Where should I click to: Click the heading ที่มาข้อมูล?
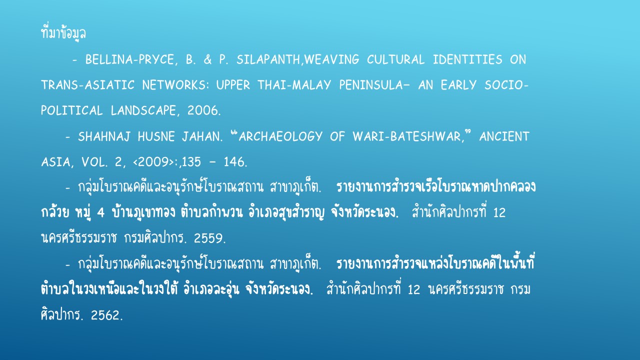63,33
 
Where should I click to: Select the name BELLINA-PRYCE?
129,59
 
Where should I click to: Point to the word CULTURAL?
395,59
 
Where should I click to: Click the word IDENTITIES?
467,59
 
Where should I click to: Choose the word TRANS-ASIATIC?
87,85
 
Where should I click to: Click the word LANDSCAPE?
143,110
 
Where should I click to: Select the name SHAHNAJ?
104,136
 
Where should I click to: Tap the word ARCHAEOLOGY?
280,136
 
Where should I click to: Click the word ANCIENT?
504,136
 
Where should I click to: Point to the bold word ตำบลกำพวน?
211,212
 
